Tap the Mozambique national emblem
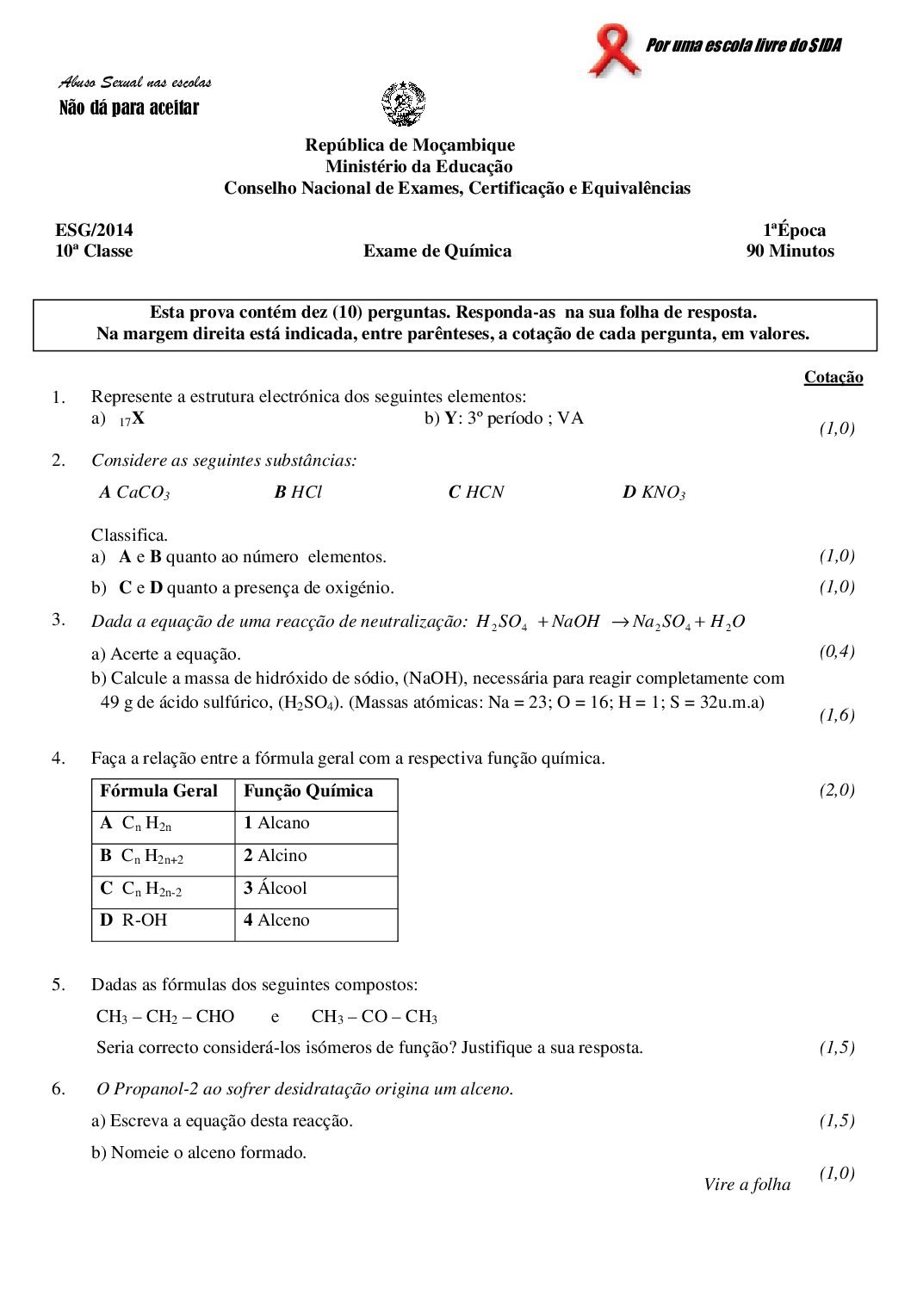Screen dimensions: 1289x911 coord(403,103)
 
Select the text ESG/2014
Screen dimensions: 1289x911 coord(94,230)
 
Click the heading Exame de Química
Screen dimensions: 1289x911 coord(437,251)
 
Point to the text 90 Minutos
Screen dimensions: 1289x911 coord(790,251)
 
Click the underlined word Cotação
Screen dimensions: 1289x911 coord(833,377)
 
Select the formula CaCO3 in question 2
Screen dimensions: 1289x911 coord(142,493)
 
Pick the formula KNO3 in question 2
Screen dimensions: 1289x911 coord(663,493)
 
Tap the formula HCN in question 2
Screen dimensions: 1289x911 coord(484,493)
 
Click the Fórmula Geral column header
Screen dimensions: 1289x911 coord(159,791)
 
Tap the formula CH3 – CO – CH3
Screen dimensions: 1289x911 coord(374,1017)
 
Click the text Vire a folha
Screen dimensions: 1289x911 coord(747,1185)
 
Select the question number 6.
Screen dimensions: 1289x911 coord(58,1089)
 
